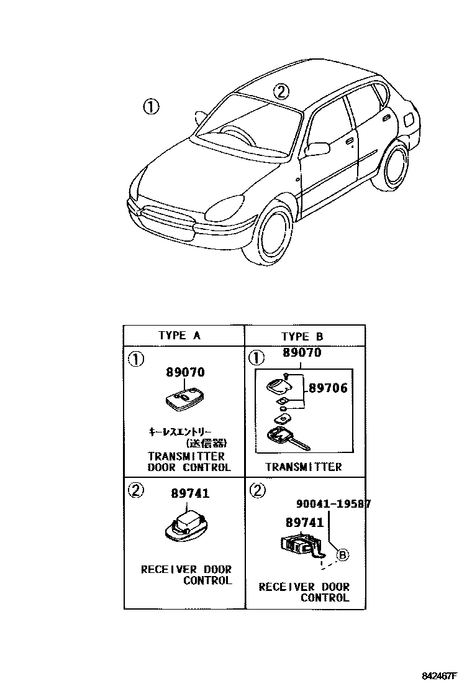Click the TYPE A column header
[179, 336]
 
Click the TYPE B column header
[302, 337]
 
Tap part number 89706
[328, 389]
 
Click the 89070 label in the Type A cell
[185, 373]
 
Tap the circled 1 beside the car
[150, 107]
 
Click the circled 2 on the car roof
[281, 93]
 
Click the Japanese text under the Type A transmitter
[187, 437]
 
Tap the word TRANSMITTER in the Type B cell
[303, 467]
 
